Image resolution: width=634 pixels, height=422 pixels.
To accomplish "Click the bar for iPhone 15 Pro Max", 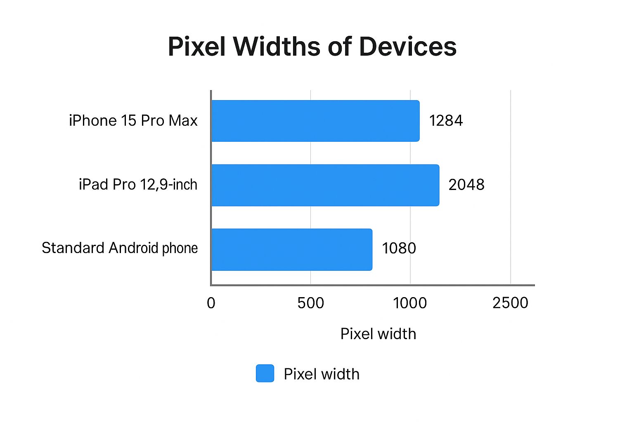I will point(315,121).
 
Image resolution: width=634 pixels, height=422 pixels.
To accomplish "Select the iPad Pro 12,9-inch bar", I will point(325,185).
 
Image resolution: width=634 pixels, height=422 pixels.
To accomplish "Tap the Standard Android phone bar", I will point(291,249).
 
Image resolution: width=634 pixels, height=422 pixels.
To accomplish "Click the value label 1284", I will point(446,121).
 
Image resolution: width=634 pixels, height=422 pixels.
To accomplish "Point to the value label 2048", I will point(466,185).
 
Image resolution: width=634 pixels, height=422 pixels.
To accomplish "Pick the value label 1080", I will point(399,249).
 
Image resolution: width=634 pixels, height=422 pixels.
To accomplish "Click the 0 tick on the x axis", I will point(211,303).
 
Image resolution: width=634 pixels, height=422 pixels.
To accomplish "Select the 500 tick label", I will point(310,303).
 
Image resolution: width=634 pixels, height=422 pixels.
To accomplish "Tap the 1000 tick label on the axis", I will point(410,303).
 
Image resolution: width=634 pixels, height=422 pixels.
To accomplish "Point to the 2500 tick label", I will point(510,303).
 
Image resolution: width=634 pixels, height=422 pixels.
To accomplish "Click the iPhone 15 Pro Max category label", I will point(133,121).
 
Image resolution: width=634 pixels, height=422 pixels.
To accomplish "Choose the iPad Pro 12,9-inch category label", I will point(138,185).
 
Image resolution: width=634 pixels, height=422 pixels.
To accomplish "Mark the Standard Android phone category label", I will point(120,248).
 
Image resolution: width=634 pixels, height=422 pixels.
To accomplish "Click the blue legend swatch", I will point(265,373).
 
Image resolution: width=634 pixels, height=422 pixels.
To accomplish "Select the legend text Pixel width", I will point(322,374).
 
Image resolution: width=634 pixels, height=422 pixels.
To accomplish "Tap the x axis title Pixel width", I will point(378,334).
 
